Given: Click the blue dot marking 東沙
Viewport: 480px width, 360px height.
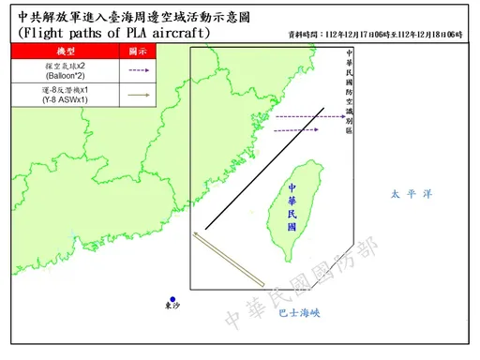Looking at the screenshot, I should [172, 299].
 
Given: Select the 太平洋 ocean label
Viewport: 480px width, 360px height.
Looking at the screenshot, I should [411, 194].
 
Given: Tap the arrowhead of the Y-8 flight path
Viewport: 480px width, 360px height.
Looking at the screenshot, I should [193, 233].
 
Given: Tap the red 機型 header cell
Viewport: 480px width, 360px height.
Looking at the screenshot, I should [67, 51].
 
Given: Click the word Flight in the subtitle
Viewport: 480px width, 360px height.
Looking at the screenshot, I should [45, 33].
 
